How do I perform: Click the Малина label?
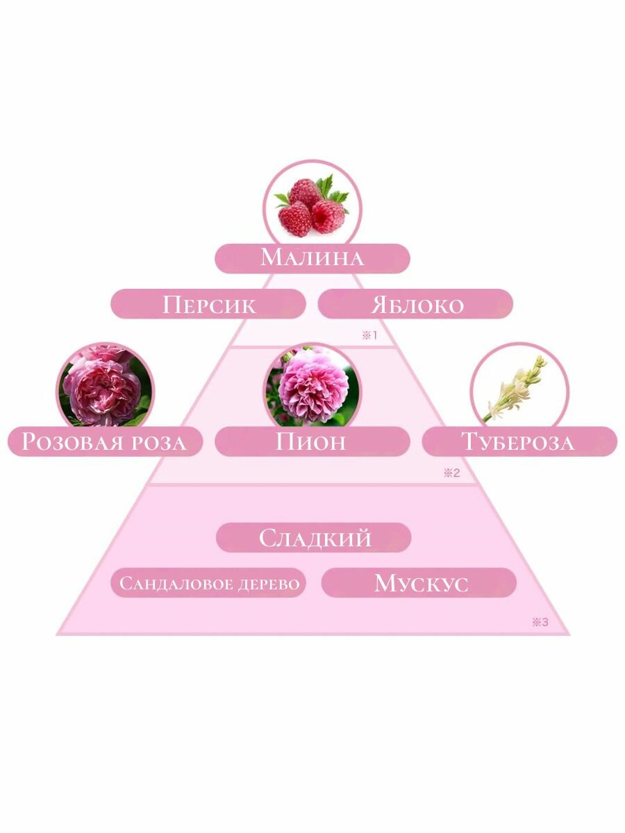(312, 258)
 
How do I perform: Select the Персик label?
(208, 304)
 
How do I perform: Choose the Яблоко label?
(415, 304)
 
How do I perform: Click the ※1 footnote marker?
(368, 335)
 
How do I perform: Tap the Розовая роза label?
(104, 442)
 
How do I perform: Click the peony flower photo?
(312, 387)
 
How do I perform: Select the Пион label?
(312, 441)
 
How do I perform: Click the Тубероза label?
(519, 441)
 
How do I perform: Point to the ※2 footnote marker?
(451, 473)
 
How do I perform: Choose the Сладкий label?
(314, 538)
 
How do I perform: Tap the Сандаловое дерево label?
(209, 583)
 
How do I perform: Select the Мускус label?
(419, 583)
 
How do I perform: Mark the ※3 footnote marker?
(540, 622)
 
